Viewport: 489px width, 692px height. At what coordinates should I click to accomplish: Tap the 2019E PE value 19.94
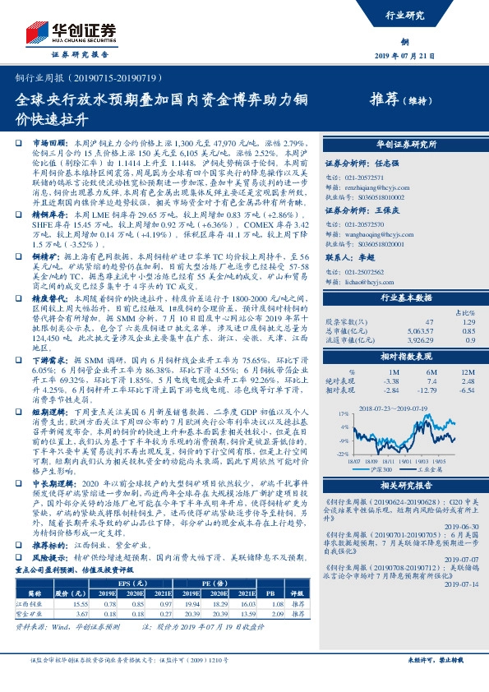coord(188,602)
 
